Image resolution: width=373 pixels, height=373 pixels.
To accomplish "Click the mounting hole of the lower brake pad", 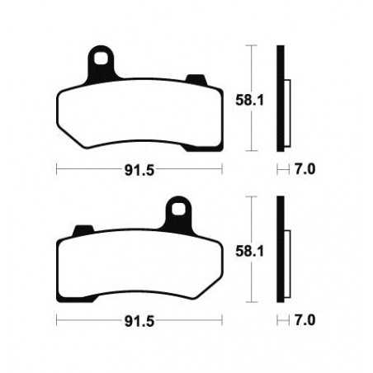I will coord(177,208).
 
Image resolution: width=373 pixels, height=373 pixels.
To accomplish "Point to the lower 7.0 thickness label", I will coord(307,319).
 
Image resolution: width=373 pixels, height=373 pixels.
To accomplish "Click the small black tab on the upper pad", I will coord(196,80).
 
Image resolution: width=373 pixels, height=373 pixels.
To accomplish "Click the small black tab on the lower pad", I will coord(83,229).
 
